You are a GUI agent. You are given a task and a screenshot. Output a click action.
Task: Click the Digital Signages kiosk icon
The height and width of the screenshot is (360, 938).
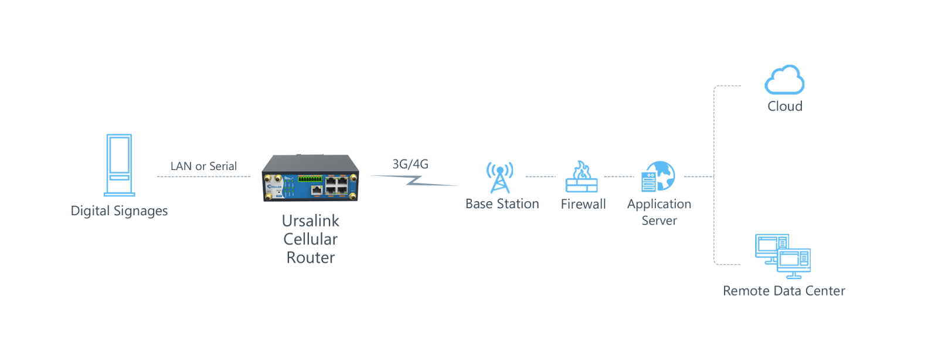click(120, 165)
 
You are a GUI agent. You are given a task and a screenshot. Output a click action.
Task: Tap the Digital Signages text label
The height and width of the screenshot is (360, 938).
click(119, 211)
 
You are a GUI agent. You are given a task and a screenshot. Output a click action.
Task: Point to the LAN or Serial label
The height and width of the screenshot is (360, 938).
click(203, 166)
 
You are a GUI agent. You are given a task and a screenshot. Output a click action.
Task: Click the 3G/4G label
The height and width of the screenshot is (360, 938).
click(410, 164)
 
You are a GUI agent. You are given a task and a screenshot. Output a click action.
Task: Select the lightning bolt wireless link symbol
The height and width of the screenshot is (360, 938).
click(414, 181)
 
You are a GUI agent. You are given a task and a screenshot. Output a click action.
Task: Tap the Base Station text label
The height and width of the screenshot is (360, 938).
click(502, 204)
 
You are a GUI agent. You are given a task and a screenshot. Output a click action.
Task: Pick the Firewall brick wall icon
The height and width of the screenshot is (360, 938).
click(582, 176)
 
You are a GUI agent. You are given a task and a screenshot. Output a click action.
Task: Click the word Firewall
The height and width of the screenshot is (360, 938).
click(583, 204)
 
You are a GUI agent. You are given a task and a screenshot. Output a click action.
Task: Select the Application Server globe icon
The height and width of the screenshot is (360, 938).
click(658, 176)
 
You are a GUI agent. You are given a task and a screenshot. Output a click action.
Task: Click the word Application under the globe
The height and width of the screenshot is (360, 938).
click(659, 204)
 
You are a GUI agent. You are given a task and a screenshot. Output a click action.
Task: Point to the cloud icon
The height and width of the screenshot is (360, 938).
click(784, 80)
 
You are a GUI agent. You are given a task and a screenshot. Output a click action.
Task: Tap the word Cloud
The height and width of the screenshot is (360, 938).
click(785, 106)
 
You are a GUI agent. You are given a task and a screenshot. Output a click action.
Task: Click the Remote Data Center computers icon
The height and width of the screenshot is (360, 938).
click(783, 257)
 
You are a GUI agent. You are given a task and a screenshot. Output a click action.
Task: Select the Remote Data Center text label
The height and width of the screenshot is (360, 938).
click(784, 291)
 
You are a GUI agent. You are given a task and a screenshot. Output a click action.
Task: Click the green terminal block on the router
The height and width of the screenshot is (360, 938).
click(310, 179)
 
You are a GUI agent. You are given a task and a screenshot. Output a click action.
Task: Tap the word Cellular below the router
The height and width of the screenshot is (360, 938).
click(310, 239)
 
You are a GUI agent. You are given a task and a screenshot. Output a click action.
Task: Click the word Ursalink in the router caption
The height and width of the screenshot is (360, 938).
click(310, 221)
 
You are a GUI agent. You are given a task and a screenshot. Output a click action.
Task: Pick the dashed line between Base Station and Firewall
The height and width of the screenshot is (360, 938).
click(541, 176)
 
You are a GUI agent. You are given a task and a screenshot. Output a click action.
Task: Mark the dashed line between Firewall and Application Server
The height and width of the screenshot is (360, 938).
click(619, 176)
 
